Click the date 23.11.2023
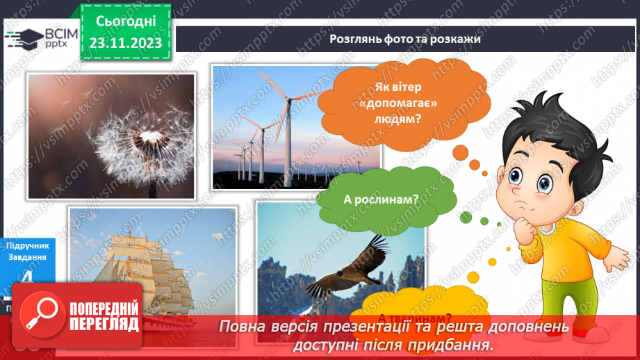pyautogui.click(x=125, y=42)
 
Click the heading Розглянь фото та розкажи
pyautogui.click(x=405, y=39)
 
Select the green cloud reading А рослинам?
pyautogui.click(x=381, y=199)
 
